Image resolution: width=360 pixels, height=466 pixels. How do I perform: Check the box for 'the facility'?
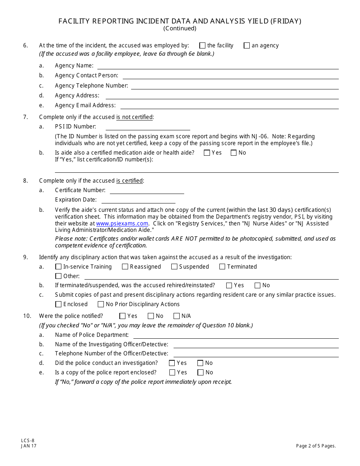(202, 46)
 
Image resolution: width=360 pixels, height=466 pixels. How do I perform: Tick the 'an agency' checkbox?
(247, 46)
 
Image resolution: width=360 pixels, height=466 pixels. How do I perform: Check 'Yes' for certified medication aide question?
(207, 153)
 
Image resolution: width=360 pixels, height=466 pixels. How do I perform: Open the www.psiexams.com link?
(122, 224)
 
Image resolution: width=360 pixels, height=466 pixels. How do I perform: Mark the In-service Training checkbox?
(58, 267)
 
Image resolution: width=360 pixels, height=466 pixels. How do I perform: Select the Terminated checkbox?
(222, 267)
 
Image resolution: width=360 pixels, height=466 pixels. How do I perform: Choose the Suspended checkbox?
(174, 267)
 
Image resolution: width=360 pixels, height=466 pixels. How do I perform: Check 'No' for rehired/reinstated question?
(258, 286)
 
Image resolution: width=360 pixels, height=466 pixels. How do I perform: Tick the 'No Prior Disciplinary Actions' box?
(101, 304)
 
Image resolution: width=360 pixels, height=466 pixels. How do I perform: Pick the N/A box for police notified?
(177, 316)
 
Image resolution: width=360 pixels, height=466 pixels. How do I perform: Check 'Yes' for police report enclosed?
(172, 372)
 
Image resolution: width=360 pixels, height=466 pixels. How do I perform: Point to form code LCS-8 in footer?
(28, 440)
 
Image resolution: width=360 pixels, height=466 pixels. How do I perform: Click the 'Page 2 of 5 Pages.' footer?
(316, 446)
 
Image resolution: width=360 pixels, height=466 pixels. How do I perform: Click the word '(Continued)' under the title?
(180, 28)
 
